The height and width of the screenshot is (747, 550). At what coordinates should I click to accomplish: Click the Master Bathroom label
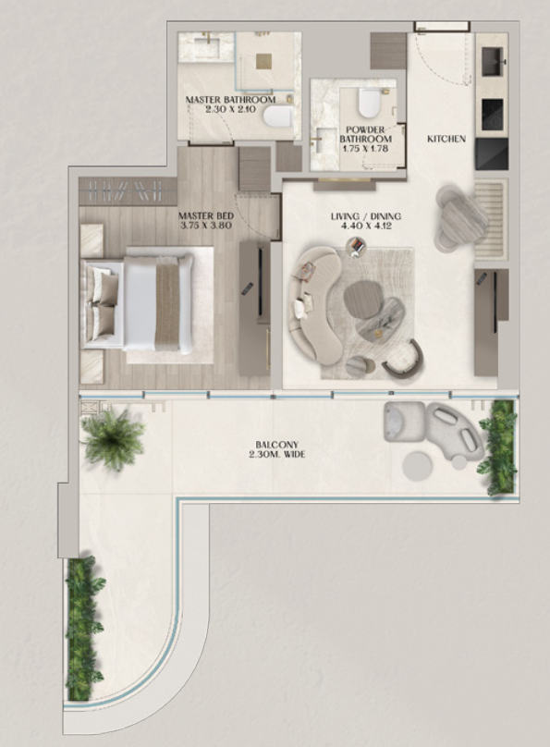pyautogui.click(x=230, y=100)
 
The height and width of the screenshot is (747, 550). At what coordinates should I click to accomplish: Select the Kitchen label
pyautogui.click(x=446, y=139)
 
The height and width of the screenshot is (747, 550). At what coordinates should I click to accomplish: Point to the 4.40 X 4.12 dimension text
pyautogui.click(x=366, y=226)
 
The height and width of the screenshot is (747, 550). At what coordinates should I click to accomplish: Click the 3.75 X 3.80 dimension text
pyautogui.click(x=207, y=226)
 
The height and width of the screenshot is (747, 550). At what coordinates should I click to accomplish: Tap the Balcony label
pyautogui.click(x=276, y=445)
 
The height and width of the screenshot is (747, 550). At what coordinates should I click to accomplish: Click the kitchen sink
pyautogui.click(x=494, y=61)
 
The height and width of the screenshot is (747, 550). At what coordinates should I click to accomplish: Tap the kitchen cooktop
pyautogui.click(x=494, y=115)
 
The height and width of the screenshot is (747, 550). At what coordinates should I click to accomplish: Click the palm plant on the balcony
pyautogui.click(x=114, y=439)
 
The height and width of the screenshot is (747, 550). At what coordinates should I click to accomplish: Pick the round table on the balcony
pyautogui.click(x=417, y=466)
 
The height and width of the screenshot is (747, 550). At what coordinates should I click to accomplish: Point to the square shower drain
pyautogui.click(x=263, y=61)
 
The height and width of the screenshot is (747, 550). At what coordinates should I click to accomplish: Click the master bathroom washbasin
pyautogui.click(x=206, y=46)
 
